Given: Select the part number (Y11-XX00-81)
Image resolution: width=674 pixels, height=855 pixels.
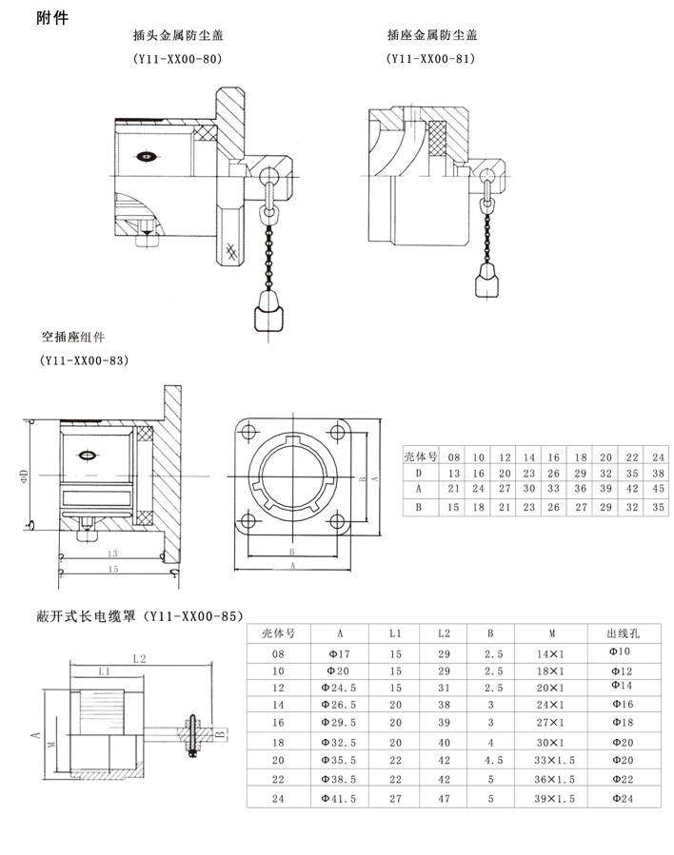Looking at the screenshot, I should coord(431,59).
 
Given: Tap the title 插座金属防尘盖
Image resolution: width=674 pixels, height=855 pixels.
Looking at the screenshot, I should coord(431,35).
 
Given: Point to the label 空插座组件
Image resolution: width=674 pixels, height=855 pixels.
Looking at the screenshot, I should coord(73,338).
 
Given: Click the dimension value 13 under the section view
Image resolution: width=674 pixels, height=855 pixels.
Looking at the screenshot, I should coord(112,553).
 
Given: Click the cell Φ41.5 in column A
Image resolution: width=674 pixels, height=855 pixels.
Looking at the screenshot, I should coord(340,798).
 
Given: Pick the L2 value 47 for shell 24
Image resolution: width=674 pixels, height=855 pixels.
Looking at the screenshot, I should coord(443,798).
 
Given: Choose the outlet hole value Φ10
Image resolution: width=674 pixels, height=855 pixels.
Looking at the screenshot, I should coord(620,652).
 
